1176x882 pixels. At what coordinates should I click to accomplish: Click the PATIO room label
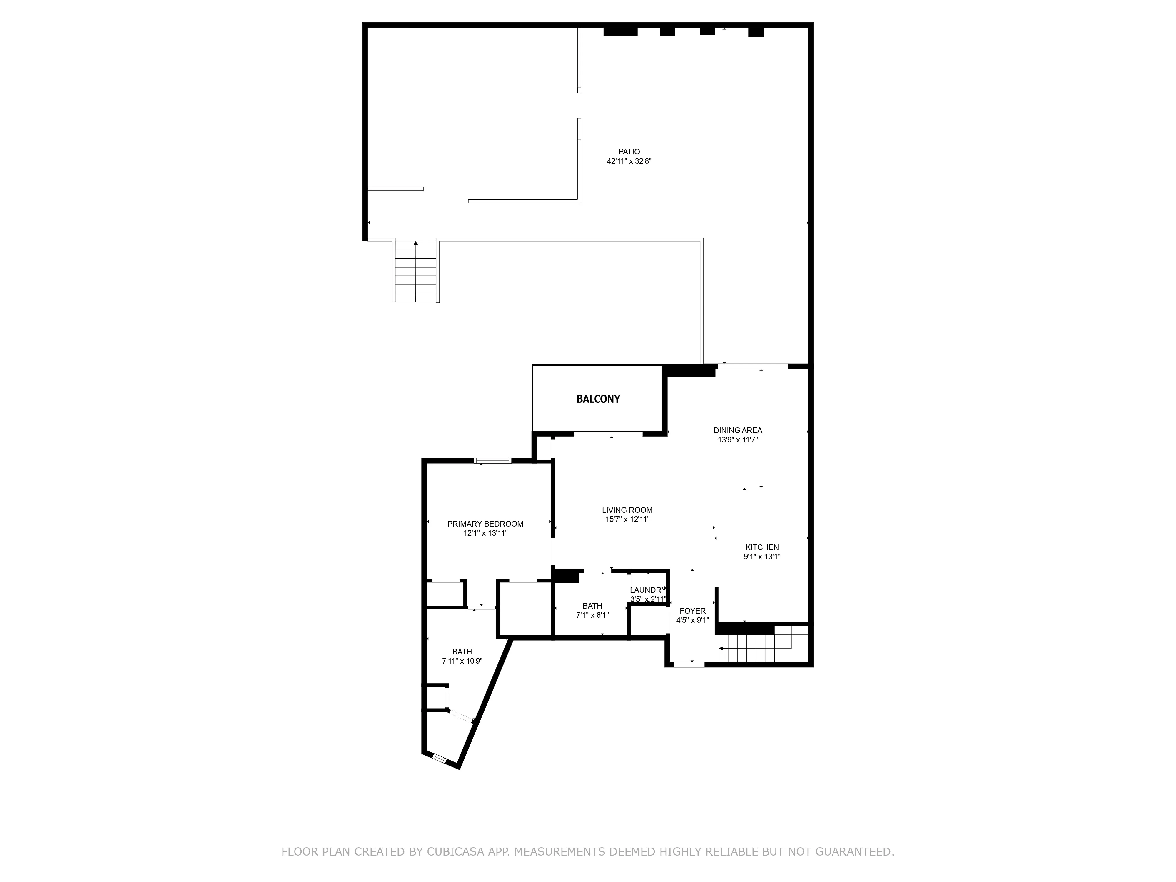[x=629, y=151]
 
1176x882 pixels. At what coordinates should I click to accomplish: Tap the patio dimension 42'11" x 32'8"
[x=629, y=161]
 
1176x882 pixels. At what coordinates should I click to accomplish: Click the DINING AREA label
[x=737, y=430]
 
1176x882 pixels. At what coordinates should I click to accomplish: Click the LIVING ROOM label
[x=627, y=510]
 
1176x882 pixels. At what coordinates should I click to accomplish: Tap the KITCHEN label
[x=762, y=547]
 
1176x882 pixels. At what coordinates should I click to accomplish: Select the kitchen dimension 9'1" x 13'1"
[x=762, y=557]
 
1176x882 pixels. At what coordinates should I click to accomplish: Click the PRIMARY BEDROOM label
[x=485, y=524]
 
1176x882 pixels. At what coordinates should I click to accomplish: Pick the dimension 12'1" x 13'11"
[x=485, y=533]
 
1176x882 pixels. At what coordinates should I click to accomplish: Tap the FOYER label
[x=692, y=611]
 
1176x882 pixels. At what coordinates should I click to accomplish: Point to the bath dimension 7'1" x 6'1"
[x=592, y=615]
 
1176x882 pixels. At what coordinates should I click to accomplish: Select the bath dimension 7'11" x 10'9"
[x=462, y=661]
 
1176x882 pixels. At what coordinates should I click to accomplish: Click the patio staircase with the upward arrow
[x=416, y=271]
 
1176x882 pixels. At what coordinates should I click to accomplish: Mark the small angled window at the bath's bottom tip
[x=440, y=758]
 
